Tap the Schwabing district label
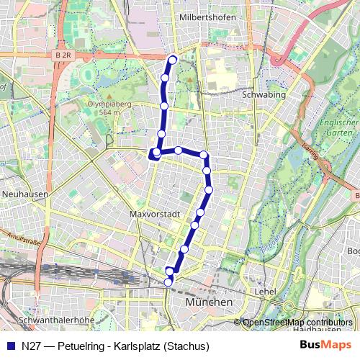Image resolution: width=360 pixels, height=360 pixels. pos(264,94)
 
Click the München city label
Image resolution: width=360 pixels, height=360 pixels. pos(208,302)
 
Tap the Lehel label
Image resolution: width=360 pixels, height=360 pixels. pos(266,292)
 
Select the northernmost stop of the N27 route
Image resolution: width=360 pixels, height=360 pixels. pos(172,59)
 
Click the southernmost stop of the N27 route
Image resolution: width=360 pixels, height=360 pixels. pos(168,282)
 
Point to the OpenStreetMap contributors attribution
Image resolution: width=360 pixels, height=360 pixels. pos(297,322)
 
